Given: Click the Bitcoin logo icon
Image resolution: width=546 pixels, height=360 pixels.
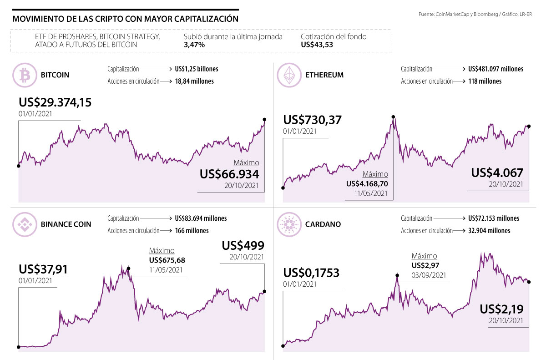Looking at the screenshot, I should [x=24, y=75].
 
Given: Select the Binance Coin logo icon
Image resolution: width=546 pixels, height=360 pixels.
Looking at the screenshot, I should [x=24, y=224].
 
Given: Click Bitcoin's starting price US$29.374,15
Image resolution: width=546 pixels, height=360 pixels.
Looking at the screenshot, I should [x=55, y=102].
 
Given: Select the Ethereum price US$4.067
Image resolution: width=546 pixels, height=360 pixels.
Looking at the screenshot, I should [x=497, y=173].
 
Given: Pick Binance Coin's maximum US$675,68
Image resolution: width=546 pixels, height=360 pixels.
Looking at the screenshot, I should [x=167, y=260].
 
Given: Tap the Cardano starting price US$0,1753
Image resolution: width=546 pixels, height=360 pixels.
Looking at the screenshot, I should [x=312, y=273].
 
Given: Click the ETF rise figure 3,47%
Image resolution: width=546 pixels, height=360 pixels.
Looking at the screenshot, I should [x=194, y=45].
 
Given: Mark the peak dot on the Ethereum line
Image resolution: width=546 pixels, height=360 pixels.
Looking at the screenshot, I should [x=393, y=117].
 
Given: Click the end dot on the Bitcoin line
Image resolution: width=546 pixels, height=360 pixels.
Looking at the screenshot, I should [x=265, y=120].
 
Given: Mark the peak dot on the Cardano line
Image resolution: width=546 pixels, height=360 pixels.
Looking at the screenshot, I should [x=397, y=275].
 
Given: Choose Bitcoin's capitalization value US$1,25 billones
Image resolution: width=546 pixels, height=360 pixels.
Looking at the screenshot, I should [x=196, y=69].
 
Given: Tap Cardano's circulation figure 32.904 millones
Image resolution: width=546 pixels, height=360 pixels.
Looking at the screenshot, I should [x=489, y=231].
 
